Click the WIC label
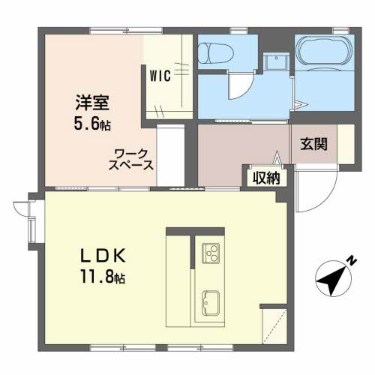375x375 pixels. click(160, 75)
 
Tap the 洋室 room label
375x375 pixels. click(92, 103)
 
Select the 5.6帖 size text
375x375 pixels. click(92, 124)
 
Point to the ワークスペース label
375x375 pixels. click(130, 160)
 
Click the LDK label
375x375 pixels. click(103, 256)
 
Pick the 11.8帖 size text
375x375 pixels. click(103, 276)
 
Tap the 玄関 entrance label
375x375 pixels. click(314, 144)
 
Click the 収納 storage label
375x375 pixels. click(266, 178)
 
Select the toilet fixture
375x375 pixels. click(215, 53)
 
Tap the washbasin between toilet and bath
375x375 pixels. click(276, 61)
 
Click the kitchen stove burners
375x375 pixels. click(211, 253)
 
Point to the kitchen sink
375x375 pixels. click(211, 303)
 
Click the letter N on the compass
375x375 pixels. click(352, 261)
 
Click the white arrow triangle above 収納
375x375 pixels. click(277, 157)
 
